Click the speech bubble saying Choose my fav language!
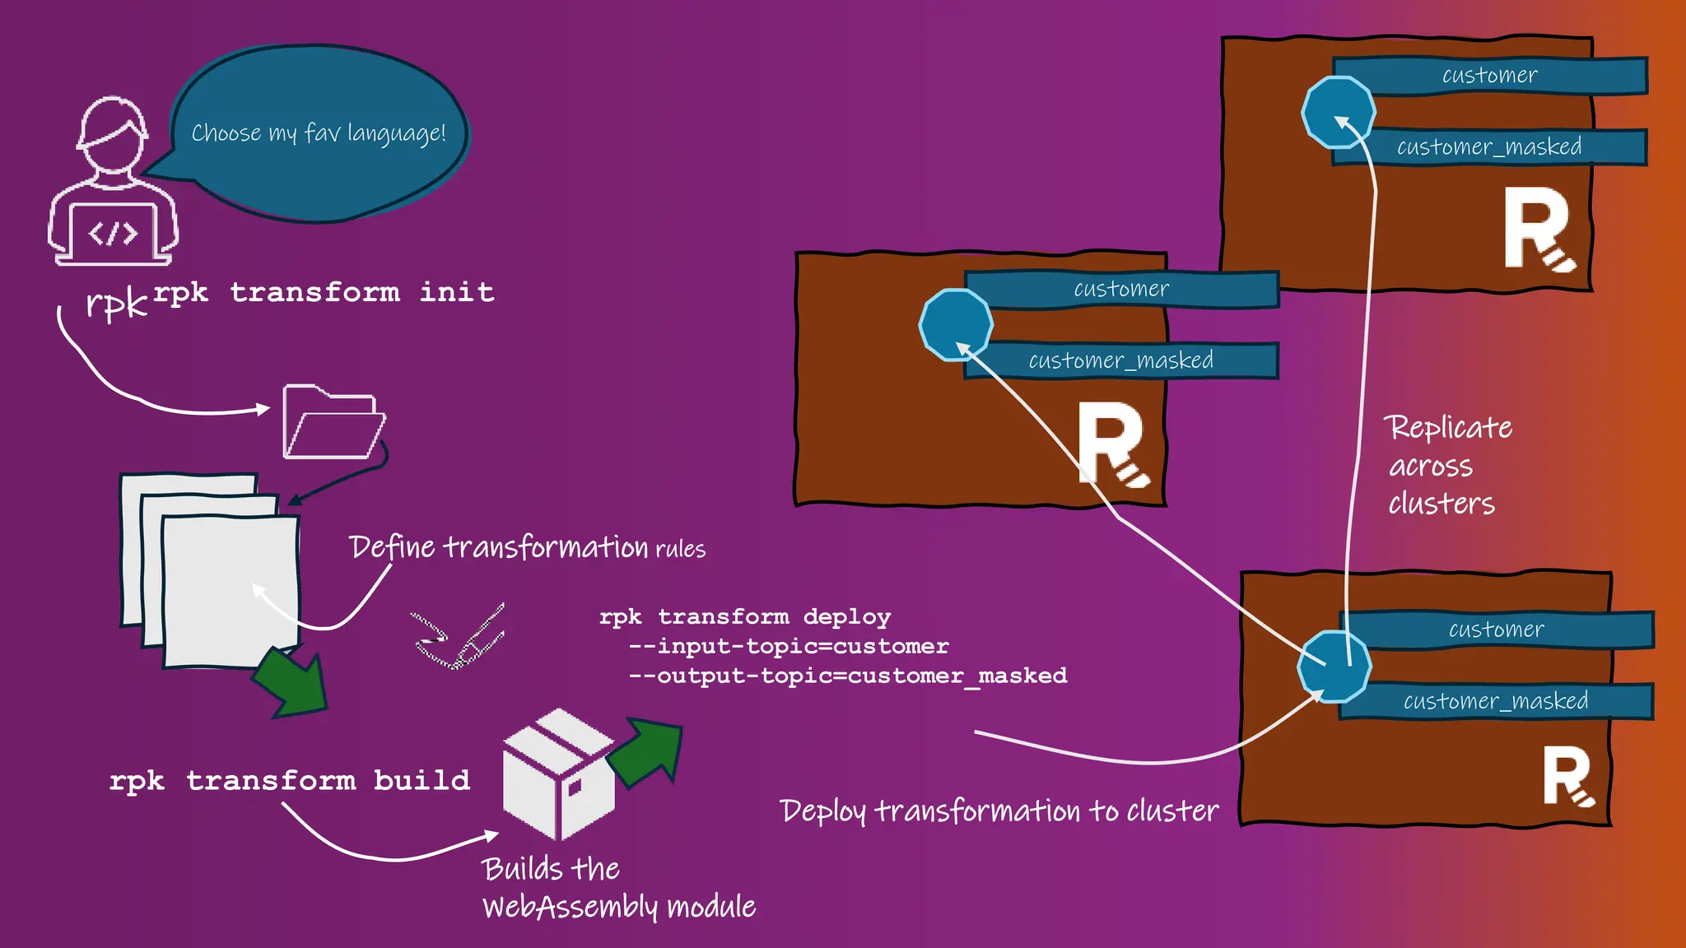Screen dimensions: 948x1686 pos(319,133)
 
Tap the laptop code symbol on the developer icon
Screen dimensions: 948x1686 pos(113,234)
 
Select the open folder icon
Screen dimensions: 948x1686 pos(332,423)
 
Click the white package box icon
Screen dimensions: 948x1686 pos(557,774)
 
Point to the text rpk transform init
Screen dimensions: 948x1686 pos(324,292)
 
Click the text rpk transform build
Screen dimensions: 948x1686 pos(290,780)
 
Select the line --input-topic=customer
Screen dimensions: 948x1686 pos(789,646)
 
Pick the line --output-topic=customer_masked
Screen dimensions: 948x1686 pos(848,676)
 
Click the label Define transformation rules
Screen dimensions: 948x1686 pos(527,548)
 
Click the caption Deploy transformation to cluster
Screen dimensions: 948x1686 pos(999,811)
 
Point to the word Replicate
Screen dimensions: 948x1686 pos(1448,428)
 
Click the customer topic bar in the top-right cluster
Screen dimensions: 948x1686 pos(1490,76)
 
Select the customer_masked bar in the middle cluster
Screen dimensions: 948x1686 pos(1120,360)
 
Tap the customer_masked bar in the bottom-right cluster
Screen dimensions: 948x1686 pos(1495,701)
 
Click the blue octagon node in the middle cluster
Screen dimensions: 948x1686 pos(955,325)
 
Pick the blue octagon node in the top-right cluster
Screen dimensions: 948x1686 pos(1338,112)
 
